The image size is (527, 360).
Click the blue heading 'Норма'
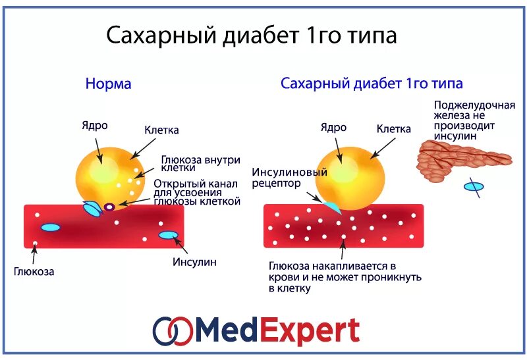108,84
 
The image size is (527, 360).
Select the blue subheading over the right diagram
372,84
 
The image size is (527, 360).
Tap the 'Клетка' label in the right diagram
393,129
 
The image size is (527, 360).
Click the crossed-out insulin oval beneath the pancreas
473,186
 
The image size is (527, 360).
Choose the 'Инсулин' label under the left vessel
194,262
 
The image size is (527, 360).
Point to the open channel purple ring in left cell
109,207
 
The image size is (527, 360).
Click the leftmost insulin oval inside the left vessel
50,227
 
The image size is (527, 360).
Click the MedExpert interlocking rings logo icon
172,330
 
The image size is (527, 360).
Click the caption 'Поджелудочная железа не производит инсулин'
474,120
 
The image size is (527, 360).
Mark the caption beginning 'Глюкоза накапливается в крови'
345,277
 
